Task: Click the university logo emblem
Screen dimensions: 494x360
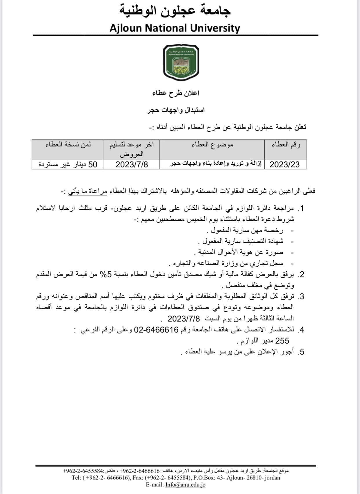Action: click(x=181, y=62)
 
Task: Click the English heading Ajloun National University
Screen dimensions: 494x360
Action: click(x=175, y=28)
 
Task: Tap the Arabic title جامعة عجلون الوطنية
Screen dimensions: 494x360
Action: click(x=175, y=11)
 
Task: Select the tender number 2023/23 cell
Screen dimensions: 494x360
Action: click(x=285, y=164)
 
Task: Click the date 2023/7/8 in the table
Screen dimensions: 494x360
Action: click(x=132, y=164)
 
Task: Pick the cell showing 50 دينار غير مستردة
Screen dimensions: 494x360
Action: click(x=68, y=164)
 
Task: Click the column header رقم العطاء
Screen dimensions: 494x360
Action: click(x=286, y=144)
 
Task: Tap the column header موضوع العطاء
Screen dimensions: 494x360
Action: click(x=212, y=144)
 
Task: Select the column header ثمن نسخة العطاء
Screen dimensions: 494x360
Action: click(x=68, y=144)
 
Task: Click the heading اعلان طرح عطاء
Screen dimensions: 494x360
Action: click(x=176, y=93)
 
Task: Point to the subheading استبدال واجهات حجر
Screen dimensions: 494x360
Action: click(x=176, y=110)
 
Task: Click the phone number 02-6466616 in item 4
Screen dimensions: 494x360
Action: click(x=156, y=330)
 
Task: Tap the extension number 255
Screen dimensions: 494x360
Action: click(x=282, y=341)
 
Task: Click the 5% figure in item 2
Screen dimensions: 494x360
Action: click(x=107, y=274)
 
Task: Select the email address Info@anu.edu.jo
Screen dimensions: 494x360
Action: click(x=185, y=484)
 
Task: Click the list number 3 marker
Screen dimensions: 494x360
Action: click(x=301, y=297)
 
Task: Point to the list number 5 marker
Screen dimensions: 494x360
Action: click(x=301, y=352)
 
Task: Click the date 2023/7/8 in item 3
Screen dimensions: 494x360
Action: click(x=184, y=319)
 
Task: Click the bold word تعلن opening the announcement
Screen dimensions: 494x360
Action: click(x=300, y=127)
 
